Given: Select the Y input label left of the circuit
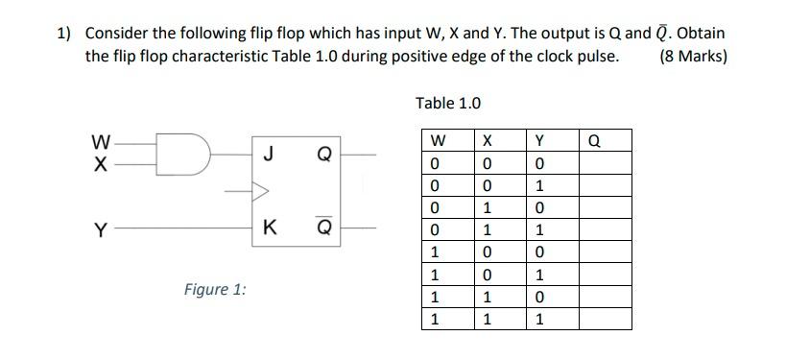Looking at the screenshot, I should [99, 229].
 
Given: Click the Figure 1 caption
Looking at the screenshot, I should [215, 289].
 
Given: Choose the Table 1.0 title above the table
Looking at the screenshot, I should [448, 103].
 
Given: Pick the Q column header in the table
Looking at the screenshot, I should [594, 141].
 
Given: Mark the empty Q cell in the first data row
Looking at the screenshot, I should [605, 162].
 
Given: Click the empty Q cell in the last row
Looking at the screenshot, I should [605, 319].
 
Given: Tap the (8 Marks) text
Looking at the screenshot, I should [694, 56].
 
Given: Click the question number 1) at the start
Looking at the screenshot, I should [64, 33].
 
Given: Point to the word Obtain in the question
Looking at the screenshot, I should [699, 33].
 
